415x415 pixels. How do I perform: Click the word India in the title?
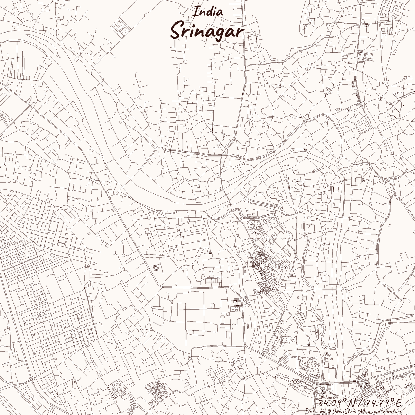(208, 11)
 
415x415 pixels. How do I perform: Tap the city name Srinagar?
(207, 31)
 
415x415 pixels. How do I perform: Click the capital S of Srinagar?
(178, 31)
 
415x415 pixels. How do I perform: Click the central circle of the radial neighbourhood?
(262, 265)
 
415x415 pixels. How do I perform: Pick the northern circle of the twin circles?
(245, 299)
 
